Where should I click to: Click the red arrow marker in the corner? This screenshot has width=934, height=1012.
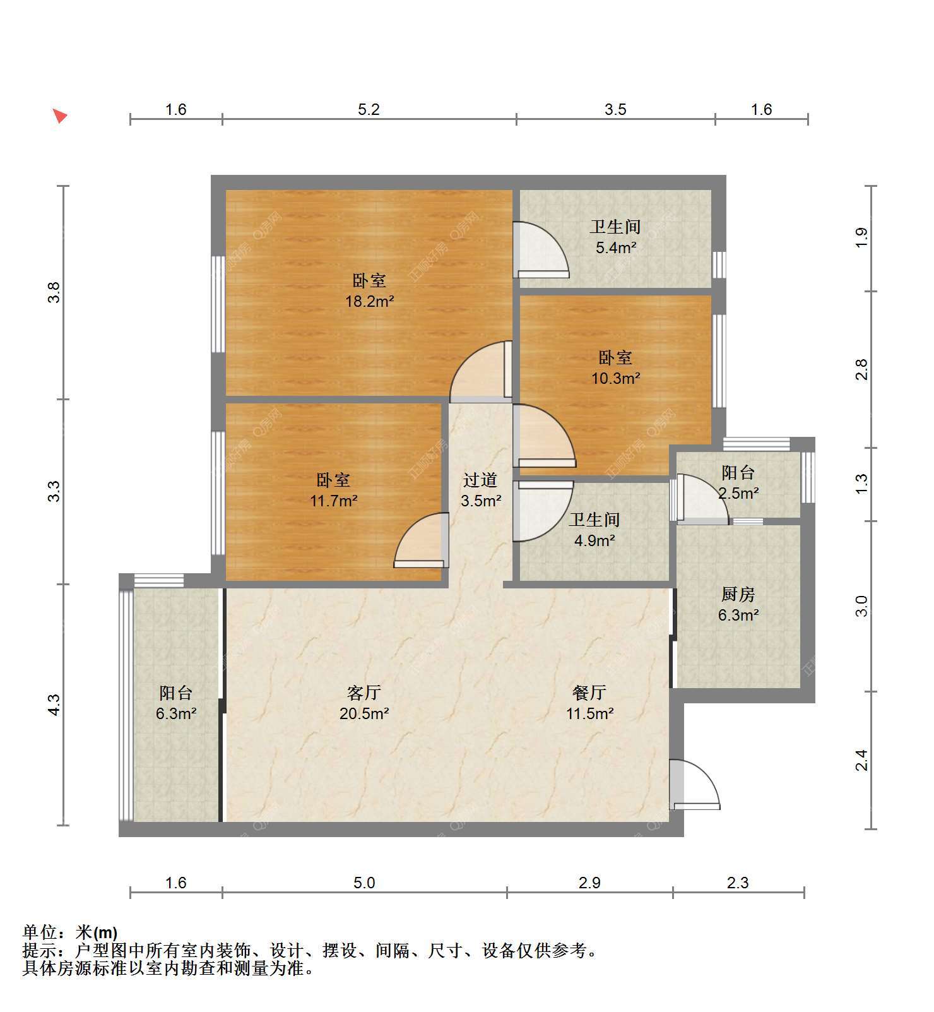tap(60, 116)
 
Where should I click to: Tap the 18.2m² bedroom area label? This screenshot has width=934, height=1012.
tap(370, 301)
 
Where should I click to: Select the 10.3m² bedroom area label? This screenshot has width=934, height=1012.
tap(616, 378)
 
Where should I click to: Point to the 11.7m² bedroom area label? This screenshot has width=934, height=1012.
tap(334, 501)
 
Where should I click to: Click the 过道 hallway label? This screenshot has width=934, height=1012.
tap(480, 480)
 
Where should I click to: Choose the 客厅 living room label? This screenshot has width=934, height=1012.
tap(364, 693)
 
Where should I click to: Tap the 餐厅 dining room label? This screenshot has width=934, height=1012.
tap(589, 693)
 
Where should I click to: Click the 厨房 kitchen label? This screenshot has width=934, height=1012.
tap(738, 594)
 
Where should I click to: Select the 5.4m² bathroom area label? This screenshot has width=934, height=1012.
tap(616, 247)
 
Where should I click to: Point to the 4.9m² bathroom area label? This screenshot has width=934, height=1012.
tap(594, 540)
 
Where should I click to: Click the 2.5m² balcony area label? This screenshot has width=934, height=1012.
tap(738, 492)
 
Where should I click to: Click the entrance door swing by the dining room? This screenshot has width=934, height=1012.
tap(694, 785)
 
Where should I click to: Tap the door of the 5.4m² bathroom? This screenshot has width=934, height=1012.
tap(542, 250)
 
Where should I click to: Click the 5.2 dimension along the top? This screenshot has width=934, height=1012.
tap(369, 109)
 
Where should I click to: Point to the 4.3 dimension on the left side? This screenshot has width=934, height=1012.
tap(54, 705)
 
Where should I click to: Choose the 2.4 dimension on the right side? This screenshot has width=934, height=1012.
tap(862, 760)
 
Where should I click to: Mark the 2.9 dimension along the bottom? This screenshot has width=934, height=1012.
tap(589, 883)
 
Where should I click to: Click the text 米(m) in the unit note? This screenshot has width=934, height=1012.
tap(97, 932)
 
